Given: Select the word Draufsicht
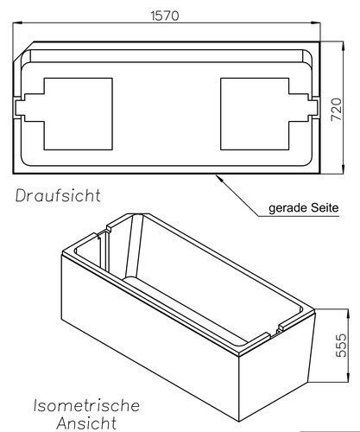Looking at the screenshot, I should (57, 196).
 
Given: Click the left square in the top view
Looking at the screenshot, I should (78, 111).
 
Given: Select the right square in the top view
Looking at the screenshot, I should (255, 111).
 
